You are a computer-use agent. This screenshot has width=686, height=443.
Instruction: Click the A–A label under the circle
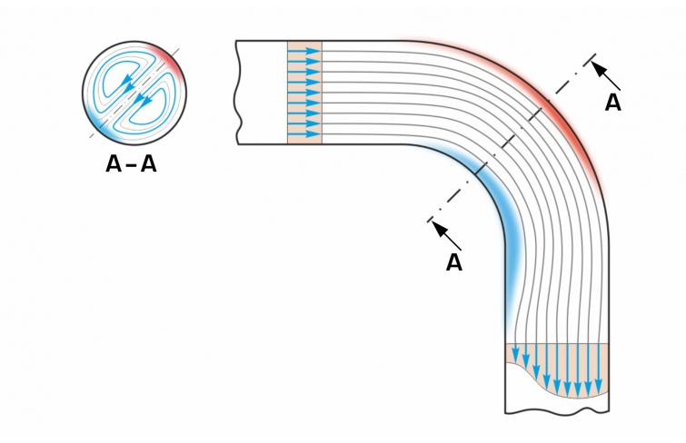(x=131, y=165)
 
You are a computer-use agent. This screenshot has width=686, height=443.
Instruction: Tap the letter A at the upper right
(x=613, y=103)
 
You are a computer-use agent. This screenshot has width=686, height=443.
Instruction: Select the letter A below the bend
(x=454, y=263)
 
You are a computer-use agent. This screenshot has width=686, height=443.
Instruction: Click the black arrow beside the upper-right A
(x=606, y=75)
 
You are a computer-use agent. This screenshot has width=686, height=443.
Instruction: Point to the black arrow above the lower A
(x=447, y=235)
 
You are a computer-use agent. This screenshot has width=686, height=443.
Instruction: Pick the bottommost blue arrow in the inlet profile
(x=304, y=133)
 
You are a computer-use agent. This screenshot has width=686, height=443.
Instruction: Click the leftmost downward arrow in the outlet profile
(x=514, y=353)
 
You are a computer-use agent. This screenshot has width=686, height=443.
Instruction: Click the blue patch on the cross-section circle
(x=98, y=123)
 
